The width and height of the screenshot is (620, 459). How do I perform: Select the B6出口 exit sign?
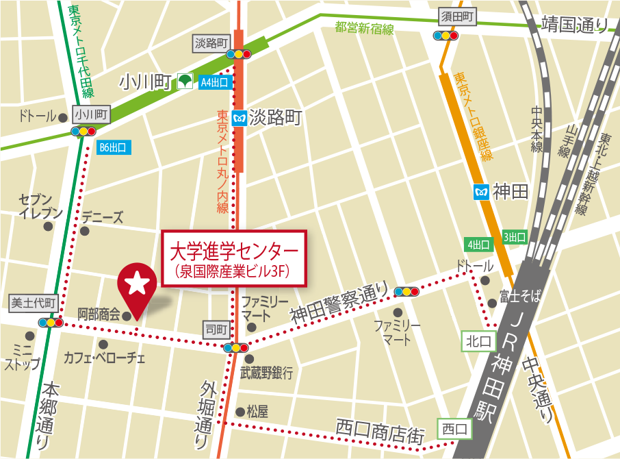point(113,147)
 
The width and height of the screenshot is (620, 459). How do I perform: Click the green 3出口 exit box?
point(515,237)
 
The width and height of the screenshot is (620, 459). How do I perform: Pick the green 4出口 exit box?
point(478,245)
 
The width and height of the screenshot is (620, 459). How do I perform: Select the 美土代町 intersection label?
point(33,303)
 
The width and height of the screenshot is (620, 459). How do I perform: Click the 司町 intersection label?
point(216,330)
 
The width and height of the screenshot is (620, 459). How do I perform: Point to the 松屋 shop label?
point(257,412)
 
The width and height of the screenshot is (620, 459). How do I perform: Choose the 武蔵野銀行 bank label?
point(266,373)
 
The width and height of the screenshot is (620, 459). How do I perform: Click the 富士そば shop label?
point(520,297)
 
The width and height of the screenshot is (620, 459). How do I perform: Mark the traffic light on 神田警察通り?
point(406,292)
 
